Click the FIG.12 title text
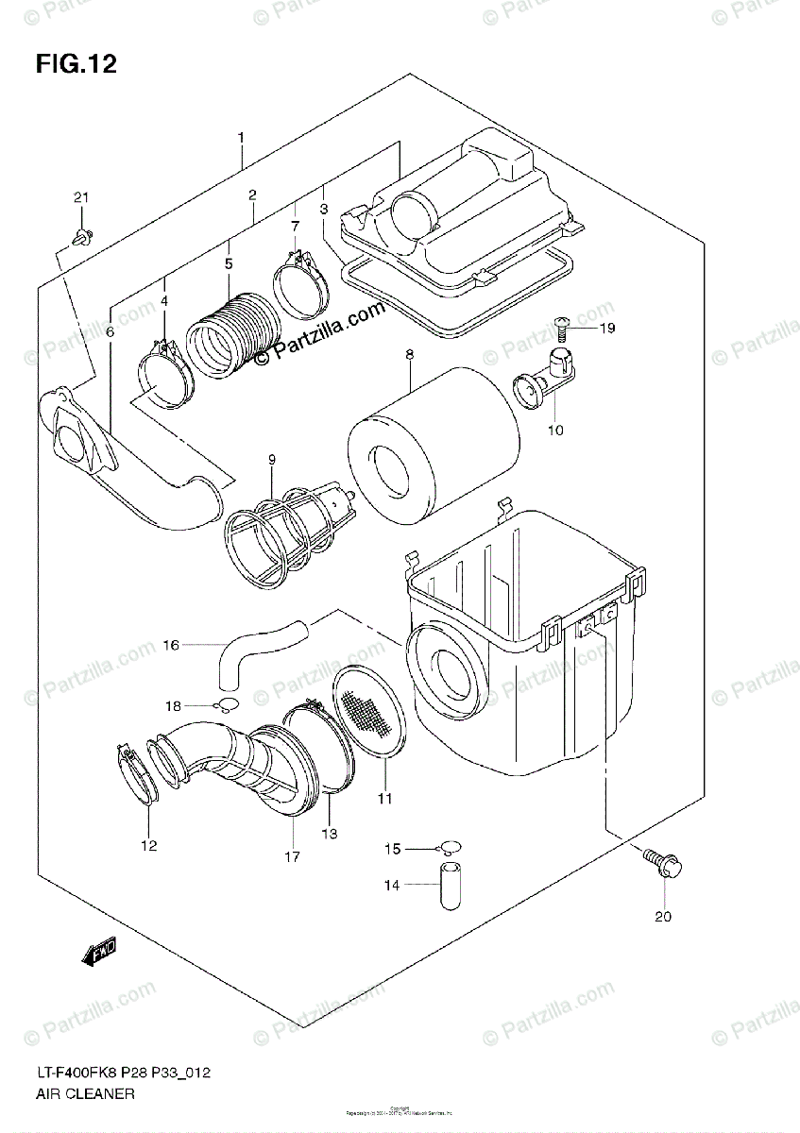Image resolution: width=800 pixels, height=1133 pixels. [76, 64]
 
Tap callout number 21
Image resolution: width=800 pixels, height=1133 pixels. [81, 197]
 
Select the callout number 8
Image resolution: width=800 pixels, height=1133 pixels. [409, 355]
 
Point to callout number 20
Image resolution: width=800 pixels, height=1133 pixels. [662, 916]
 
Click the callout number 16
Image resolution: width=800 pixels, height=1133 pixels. [171, 646]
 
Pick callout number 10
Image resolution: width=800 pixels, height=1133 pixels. [554, 431]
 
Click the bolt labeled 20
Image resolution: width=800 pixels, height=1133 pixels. [659, 862]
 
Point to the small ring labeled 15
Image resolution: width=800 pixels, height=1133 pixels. [451, 848]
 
